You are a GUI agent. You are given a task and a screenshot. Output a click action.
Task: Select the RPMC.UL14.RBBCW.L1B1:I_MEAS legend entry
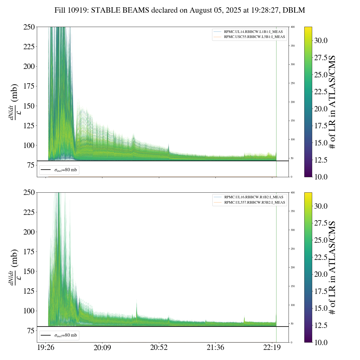click(x=253, y=32)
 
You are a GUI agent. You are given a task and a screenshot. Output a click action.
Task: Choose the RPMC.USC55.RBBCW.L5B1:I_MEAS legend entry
click(x=254, y=37)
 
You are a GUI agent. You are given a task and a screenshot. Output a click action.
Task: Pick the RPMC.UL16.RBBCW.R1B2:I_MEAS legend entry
click(x=253, y=197)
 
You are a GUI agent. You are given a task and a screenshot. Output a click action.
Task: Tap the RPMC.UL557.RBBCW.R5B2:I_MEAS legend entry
click(x=255, y=202)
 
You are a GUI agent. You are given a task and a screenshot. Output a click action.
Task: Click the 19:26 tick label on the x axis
click(x=46, y=348)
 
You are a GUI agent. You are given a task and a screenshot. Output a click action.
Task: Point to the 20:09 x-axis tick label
click(x=102, y=348)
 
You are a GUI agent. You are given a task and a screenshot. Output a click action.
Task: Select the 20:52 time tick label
click(x=159, y=348)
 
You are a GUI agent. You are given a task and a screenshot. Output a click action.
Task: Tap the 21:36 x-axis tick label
click(x=215, y=348)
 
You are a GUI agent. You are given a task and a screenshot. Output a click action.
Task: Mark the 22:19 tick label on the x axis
click(x=272, y=348)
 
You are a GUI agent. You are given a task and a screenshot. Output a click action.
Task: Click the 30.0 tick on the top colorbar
click(x=321, y=40)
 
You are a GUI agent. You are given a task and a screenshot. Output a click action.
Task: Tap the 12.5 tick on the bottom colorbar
click(x=321, y=325)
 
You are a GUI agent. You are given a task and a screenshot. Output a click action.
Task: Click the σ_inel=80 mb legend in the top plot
click(x=59, y=170)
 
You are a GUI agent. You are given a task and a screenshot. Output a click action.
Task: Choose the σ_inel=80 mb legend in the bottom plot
click(x=59, y=335)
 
